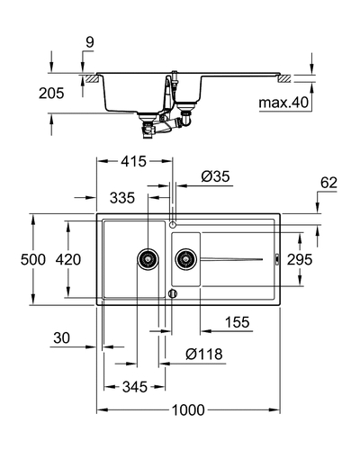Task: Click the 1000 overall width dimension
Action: [x=188, y=409]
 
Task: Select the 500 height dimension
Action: [x=33, y=259]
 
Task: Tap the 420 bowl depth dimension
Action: [x=68, y=259]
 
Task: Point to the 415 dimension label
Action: [x=134, y=161]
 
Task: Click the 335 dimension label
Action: [x=122, y=198]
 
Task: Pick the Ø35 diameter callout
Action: [x=215, y=176]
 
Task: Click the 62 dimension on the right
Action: [x=328, y=183]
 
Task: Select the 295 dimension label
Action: [x=300, y=259]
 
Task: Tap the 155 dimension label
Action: [x=238, y=322]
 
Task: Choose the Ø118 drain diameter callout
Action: [x=204, y=355]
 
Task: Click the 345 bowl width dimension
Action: [x=135, y=387]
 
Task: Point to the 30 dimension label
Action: [x=61, y=337]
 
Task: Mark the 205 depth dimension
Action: [x=51, y=93]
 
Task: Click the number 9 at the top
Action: [x=90, y=42]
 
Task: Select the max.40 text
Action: [x=283, y=103]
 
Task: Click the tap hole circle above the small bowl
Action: [x=173, y=224]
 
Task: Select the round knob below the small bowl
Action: [x=173, y=293]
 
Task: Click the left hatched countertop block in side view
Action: [x=92, y=79]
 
